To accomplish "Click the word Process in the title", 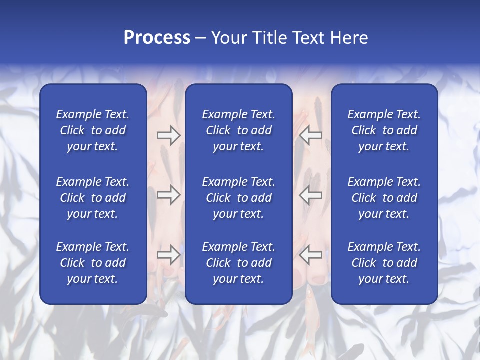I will [x=157, y=38].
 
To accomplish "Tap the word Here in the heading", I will [x=349, y=38].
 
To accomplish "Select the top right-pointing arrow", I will [x=168, y=135].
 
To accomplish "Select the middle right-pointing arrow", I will [x=168, y=194].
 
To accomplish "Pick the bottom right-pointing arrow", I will [x=168, y=255].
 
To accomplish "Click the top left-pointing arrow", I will [x=311, y=135].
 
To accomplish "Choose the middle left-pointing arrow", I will [x=311, y=194].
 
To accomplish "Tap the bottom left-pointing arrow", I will [x=311, y=255].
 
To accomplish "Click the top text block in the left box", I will [x=93, y=130].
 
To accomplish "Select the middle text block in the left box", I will [x=93, y=198].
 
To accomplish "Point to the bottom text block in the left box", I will [x=93, y=263].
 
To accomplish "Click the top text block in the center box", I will [x=238, y=130].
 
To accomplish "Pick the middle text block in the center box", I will [x=238, y=198].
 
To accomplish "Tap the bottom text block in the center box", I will [x=238, y=263].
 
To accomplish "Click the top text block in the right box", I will [x=384, y=130].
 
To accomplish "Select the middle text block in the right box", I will [x=384, y=198].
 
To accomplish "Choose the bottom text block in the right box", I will [x=384, y=263].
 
